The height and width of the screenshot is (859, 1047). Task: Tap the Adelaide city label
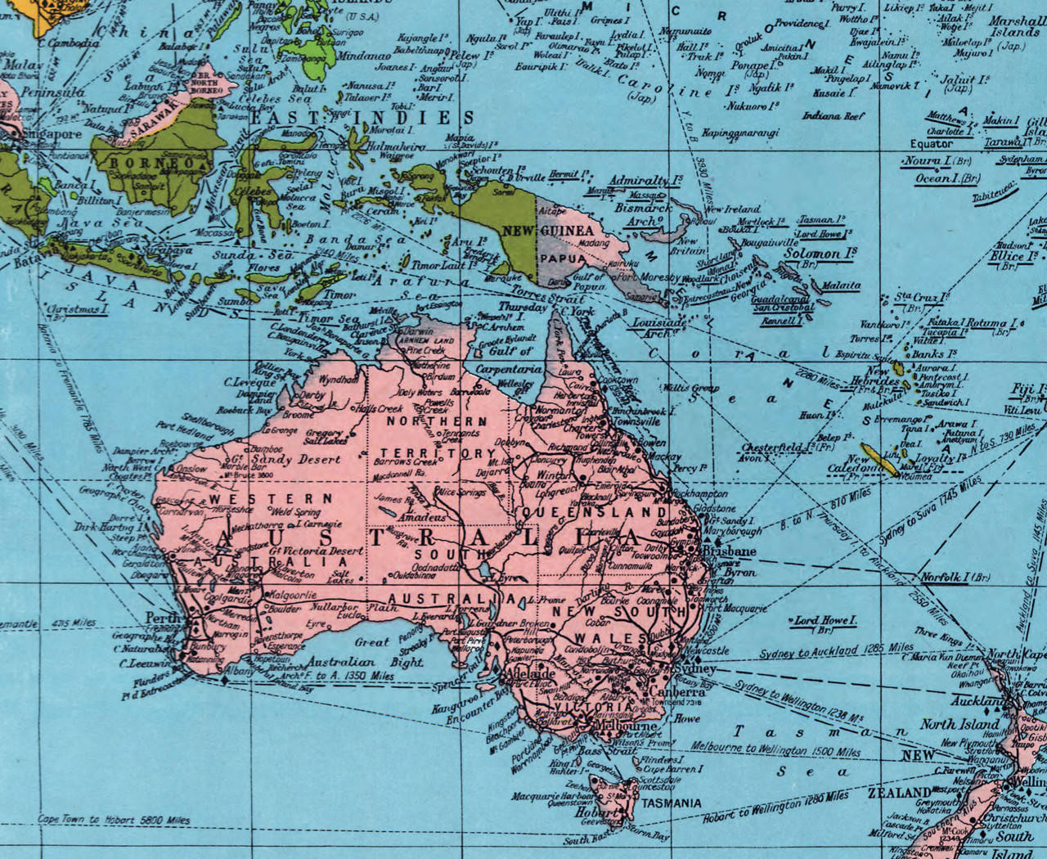tap(532, 673)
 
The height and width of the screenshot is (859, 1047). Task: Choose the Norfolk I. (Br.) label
tap(955, 578)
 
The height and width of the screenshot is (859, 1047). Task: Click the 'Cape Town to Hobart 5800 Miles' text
tap(114, 819)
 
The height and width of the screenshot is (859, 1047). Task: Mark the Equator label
tap(932, 144)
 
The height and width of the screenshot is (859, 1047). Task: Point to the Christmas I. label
tap(79, 310)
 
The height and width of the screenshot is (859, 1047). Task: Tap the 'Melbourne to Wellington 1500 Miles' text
tap(775, 749)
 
